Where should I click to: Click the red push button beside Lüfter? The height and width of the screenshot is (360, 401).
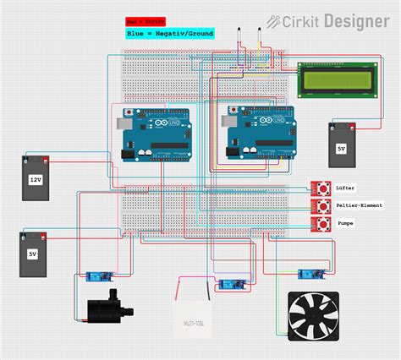point(321,188)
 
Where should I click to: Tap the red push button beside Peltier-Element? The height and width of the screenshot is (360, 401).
point(321,205)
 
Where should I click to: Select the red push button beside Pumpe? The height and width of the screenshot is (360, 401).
point(321,224)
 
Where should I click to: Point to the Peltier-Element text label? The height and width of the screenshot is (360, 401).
point(360,205)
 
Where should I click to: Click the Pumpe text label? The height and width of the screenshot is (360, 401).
point(346,224)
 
